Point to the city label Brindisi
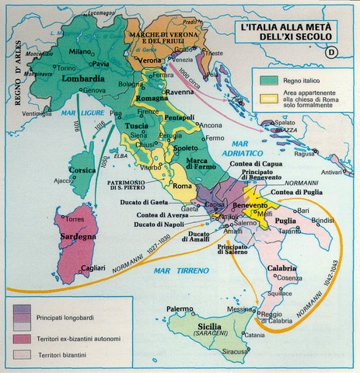320,221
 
